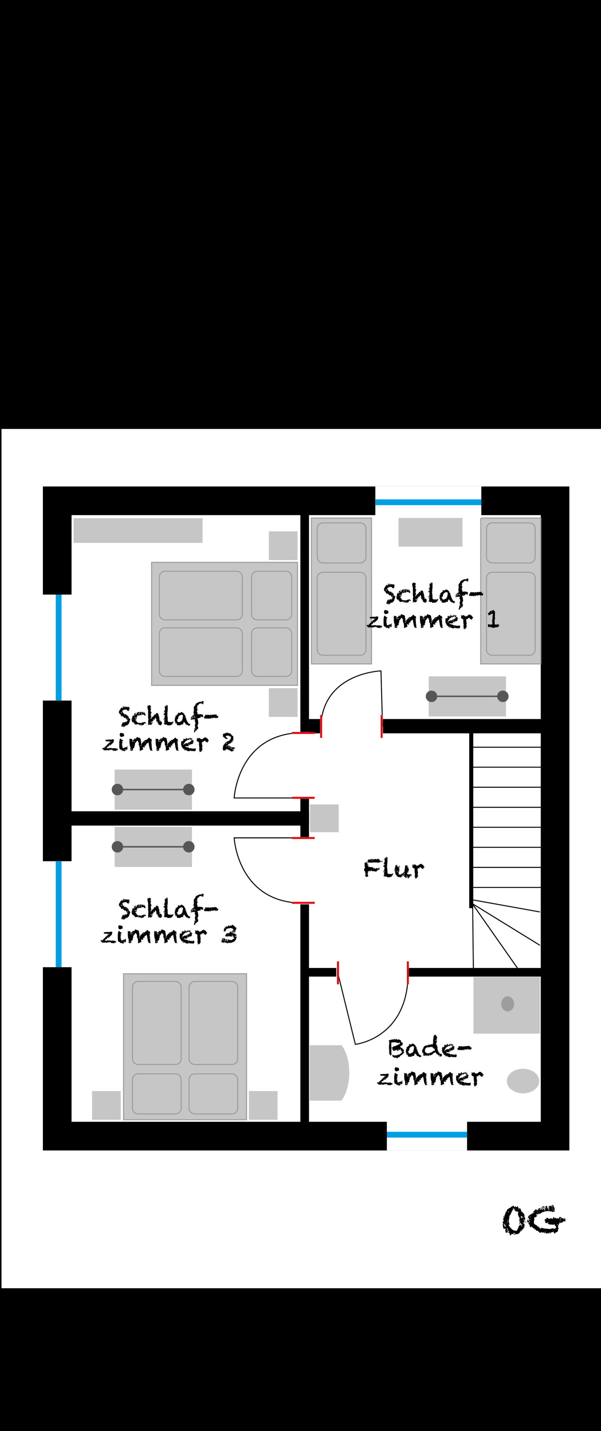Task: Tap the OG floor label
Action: [534, 1221]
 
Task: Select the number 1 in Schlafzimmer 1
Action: [493, 620]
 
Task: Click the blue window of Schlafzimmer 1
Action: [428, 502]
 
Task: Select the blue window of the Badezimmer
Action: [427, 1135]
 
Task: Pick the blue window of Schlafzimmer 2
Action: [58, 648]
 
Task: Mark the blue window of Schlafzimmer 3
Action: [58, 914]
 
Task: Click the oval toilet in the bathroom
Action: [522, 1081]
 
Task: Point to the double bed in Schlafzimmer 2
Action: [224, 624]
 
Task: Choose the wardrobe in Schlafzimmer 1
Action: [467, 696]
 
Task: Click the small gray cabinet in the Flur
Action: [324, 818]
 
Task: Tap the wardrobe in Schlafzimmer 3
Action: [153, 846]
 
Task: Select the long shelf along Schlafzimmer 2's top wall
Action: [138, 530]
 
